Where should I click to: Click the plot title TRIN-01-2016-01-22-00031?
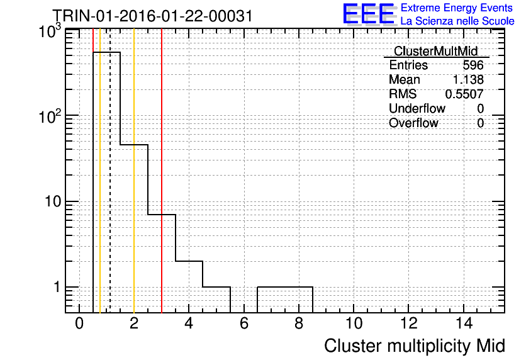click(152, 16)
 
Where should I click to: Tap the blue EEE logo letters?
click(369, 14)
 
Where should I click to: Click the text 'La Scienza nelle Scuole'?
click(457, 21)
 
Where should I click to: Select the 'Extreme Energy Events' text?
click(457, 8)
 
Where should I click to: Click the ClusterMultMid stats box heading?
click(435, 51)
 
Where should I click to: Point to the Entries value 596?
click(473, 65)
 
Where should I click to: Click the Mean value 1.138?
click(468, 79)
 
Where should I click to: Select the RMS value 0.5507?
click(464, 94)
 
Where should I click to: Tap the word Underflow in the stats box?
click(417, 108)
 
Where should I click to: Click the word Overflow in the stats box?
click(413, 123)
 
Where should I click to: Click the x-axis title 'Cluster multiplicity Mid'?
click(414, 346)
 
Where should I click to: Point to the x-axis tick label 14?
click(464, 323)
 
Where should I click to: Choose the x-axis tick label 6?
click(244, 323)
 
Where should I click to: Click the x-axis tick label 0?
click(79, 323)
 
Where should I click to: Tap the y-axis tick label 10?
click(53, 201)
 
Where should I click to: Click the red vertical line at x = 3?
click(162, 171)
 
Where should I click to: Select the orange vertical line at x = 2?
click(134, 171)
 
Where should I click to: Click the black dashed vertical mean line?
click(110, 171)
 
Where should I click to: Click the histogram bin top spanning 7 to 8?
click(285, 287)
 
